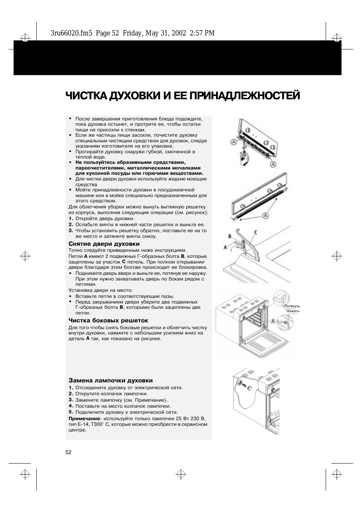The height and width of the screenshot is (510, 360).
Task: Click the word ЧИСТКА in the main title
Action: pyautogui.click(x=86, y=96)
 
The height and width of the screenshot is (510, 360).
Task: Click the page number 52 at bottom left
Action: pyautogui.click(x=68, y=452)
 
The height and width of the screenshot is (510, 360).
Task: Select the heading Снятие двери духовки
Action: pyautogui.click(x=104, y=244)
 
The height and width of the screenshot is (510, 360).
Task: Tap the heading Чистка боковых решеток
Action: pyautogui.click(x=108, y=320)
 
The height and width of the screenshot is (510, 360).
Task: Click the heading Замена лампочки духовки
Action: pyautogui.click(x=110, y=381)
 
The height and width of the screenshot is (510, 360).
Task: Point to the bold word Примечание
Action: pyautogui.click(x=84, y=418)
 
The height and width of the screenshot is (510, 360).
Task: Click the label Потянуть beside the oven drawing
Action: pyautogui.click(x=292, y=306)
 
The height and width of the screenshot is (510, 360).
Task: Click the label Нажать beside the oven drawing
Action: pyautogui.click(x=293, y=311)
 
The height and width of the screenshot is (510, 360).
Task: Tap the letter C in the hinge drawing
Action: pyautogui.click(x=255, y=232)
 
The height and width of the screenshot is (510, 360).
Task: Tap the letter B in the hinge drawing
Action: pyautogui.click(x=229, y=236)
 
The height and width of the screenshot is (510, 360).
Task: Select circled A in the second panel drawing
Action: pyautogui.click(x=265, y=216)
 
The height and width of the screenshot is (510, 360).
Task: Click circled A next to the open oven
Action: pyautogui.click(x=272, y=321)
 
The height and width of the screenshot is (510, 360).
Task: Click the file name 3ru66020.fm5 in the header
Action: pyautogui.click(x=71, y=33)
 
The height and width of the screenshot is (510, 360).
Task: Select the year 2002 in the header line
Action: pyautogui.click(x=178, y=33)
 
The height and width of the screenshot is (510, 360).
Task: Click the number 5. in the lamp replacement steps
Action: pyautogui.click(x=71, y=412)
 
